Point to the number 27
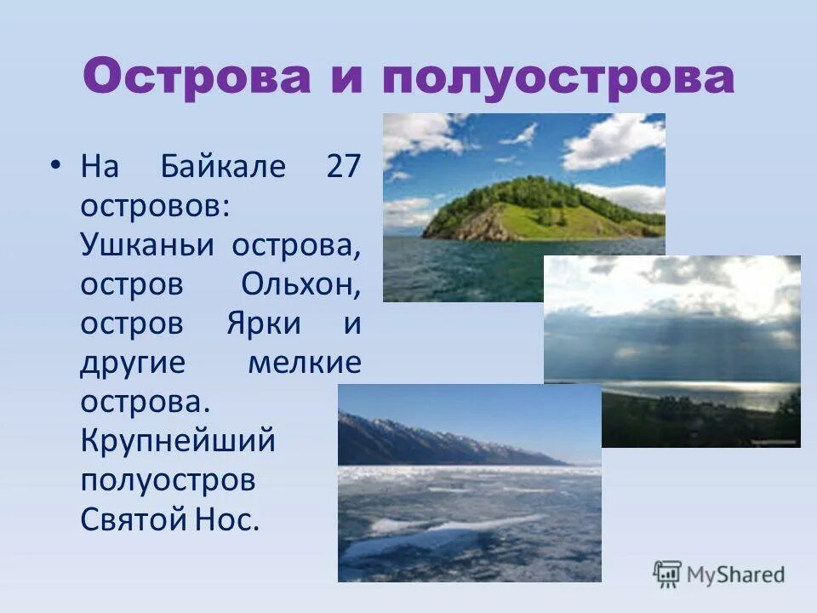pyautogui.click(x=343, y=166)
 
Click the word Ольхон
pyautogui.click(x=300, y=284)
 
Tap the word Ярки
pyautogui.click(x=259, y=324)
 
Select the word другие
pyautogui.click(x=132, y=364)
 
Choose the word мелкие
pyautogui.click(x=305, y=364)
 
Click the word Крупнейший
pyautogui.click(x=178, y=442)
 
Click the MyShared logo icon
pyautogui.click(x=668, y=575)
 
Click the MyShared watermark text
pyautogui.click(x=737, y=575)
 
